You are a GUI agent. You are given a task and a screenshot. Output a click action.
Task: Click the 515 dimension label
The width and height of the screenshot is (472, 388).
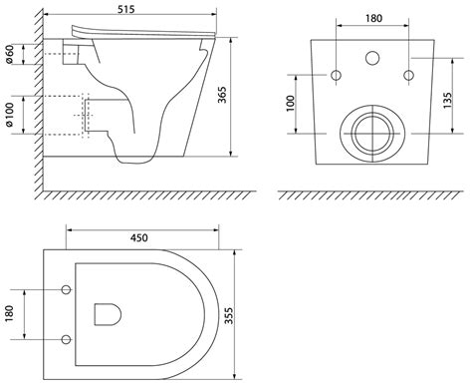[126, 9]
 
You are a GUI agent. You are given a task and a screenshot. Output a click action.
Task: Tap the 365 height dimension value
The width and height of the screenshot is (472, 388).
[222, 95]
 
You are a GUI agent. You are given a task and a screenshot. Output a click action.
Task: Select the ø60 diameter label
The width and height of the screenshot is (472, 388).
[10, 54]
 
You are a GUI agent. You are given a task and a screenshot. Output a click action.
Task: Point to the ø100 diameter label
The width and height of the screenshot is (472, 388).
[10, 115]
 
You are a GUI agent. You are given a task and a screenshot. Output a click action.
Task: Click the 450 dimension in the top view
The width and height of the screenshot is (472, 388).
[139, 237]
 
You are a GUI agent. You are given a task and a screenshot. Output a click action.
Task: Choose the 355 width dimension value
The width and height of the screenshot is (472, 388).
[229, 316]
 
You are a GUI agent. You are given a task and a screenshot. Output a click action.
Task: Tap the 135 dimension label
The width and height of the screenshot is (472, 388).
[447, 100]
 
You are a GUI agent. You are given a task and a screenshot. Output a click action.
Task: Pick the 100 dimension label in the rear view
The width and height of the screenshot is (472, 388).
[290, 104]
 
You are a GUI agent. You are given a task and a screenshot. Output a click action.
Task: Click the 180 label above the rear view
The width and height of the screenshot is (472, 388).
[373, 18]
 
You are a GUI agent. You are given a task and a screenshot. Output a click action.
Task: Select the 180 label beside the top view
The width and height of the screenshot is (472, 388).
[10, 313]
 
